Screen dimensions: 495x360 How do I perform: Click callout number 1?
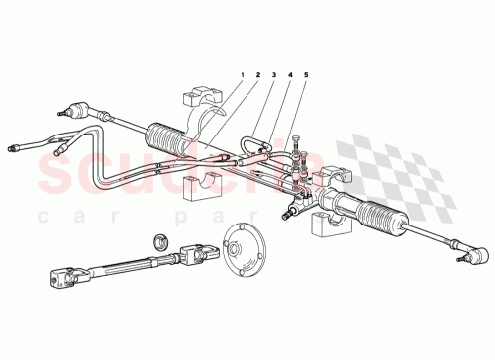tap(241, 76)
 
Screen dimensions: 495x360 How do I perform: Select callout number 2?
tap(257, 76)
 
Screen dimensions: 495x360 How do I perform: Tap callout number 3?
tap(274, 76)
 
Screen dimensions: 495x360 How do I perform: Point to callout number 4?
tap(291, 76)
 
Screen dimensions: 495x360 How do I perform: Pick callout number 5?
tap(307, 76)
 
